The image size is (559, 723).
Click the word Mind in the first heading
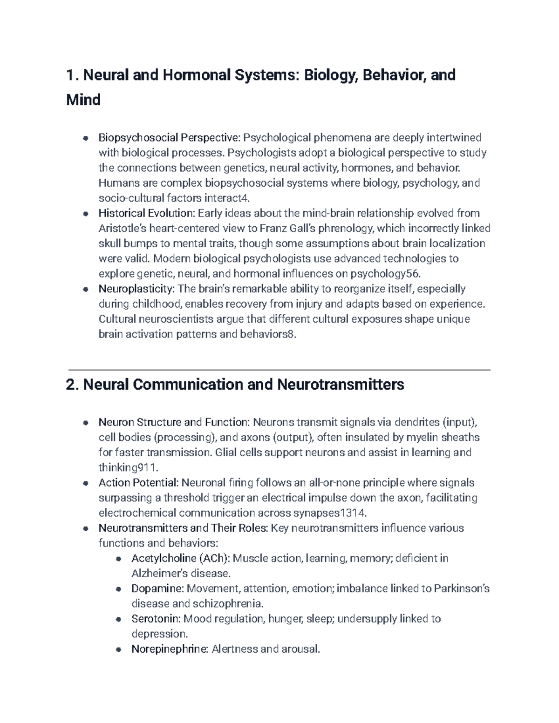click(x=83, y=100)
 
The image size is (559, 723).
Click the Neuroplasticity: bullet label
click(x=136, y=289)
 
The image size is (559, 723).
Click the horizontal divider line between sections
click(x=279, y=370)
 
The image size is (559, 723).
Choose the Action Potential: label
click(x=138, y=483)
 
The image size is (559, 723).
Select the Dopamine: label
click(x=157, y=588)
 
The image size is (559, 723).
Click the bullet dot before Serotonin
click(x=119, y=619)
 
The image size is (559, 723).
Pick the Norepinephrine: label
click(x=170, y=649)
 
